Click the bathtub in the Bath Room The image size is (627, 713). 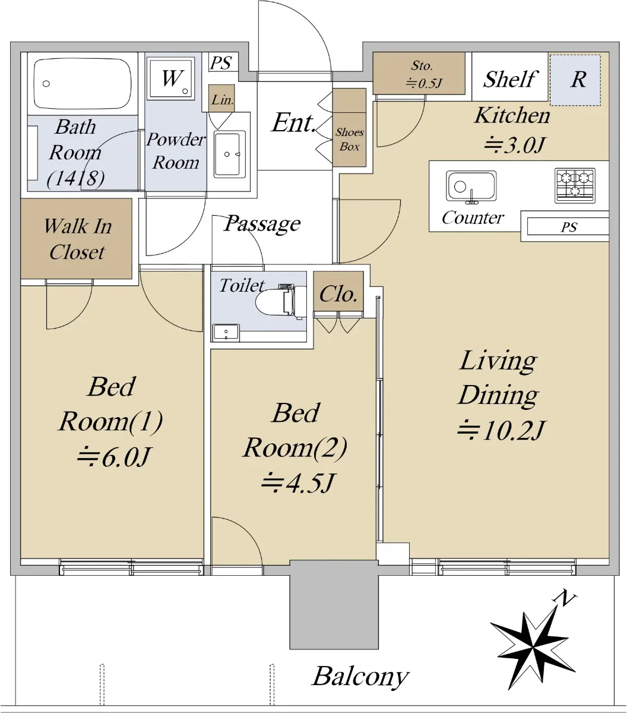[x=83, y=83]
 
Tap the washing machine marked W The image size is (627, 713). [x=171, y=77]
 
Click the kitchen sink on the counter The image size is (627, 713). [x=471, y=187]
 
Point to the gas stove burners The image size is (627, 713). [x=575, y=185]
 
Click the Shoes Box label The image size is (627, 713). [x=349, y=140]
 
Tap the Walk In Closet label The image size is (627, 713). [x=77, y=239]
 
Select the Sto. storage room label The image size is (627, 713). [x=422, y=74]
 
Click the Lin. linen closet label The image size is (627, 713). [x=222, y=100]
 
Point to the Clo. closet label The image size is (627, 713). [x=338, y=294]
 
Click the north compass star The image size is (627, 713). [x=533, y=653]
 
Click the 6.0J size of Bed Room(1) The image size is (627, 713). [x=114, y=457]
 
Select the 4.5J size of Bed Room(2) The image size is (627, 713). [x=297, y=483]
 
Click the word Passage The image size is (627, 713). [x=262, y=224]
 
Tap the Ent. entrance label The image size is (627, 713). [x=294, y=123]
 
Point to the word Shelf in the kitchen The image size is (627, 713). [x=510, y=79]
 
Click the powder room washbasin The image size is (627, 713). [x=230, y=154]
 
